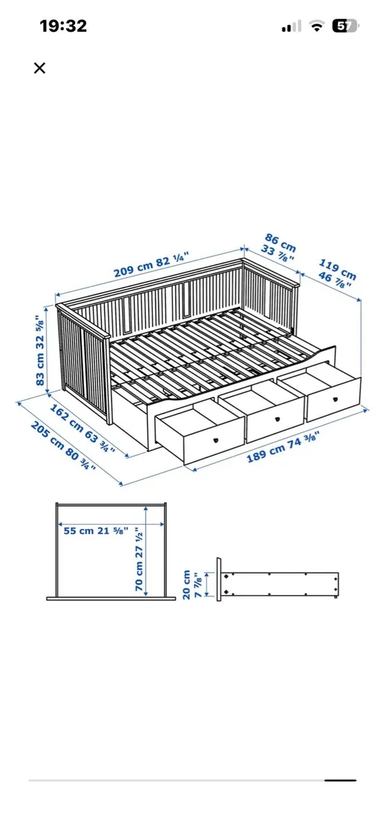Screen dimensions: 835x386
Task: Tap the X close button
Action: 40,67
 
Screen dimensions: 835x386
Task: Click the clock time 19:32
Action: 63,26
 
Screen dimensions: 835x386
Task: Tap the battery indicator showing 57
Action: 345,26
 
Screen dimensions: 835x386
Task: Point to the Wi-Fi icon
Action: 317,26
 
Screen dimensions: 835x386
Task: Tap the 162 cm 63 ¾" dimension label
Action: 81,422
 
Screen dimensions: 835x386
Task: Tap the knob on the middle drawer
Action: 276,420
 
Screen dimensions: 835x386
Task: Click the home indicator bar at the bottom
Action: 341,780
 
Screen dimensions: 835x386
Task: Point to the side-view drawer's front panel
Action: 220,578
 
